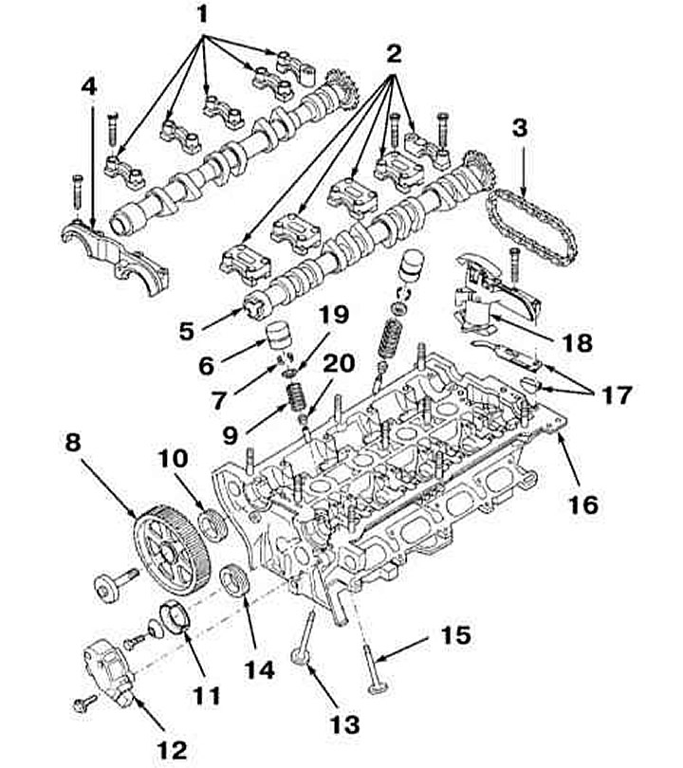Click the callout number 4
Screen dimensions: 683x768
tap(89, 87)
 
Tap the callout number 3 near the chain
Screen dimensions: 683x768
tap(520, 128)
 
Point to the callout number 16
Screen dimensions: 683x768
tap(583, 504)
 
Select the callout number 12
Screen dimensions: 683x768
tap(172, 750)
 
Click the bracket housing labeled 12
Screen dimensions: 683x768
tap(110, 675)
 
